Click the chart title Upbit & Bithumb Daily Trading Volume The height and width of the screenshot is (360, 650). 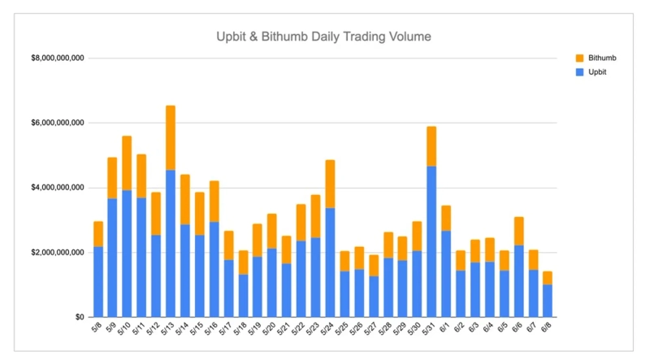coord(323,37)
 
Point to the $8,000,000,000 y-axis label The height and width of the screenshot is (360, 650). coord(58,59)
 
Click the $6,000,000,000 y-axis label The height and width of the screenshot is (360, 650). coord(58,123)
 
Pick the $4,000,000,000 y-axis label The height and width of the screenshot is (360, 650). coord(58,188)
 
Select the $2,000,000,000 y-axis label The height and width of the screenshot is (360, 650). coord(58,252)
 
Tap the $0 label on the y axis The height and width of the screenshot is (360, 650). coord(80,317)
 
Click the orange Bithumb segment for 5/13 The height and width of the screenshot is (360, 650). coord(170,137)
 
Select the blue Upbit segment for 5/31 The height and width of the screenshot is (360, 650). coord(431,241)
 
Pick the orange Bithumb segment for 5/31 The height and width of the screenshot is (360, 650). coord(431,146)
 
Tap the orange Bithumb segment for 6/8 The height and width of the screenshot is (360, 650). coord(547,278)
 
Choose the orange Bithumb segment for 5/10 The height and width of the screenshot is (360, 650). coord(127,163)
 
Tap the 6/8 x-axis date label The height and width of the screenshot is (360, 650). coord(545,328)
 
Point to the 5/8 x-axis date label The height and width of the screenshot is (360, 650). coord(97,328)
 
